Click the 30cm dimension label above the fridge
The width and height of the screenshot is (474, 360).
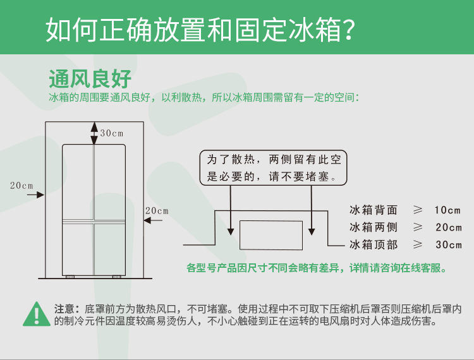(111, 133)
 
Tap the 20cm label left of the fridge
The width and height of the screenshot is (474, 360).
(21, 185)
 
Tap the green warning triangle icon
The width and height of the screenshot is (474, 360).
(37, 314)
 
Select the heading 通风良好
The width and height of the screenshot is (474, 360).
(90, 80)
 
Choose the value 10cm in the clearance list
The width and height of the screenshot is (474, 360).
(448, 210)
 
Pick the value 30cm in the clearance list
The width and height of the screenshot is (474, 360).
(448, 245)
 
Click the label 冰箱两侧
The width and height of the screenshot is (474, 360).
(374, 227)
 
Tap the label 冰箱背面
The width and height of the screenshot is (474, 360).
(374, 210)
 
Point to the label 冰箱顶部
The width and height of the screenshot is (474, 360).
(374, 245)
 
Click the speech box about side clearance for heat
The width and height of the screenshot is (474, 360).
(274, 167)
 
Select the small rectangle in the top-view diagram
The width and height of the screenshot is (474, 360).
(270, 234)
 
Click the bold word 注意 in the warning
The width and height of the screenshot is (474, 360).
(65, 309)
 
